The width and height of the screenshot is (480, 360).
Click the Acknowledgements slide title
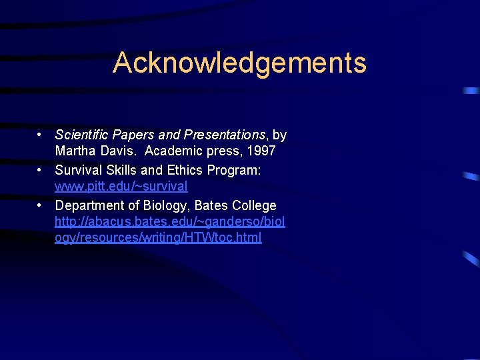pos(239,63)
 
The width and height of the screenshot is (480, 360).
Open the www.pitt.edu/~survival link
pos(121,187)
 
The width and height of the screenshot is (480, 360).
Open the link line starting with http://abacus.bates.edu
pos(169,221)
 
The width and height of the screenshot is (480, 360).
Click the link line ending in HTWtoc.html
pos(158,238)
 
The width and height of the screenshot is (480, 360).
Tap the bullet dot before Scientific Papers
pos(41,135)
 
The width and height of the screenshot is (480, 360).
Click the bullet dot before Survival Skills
pos(41,170)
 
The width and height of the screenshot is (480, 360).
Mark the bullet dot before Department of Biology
pos(41,205)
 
